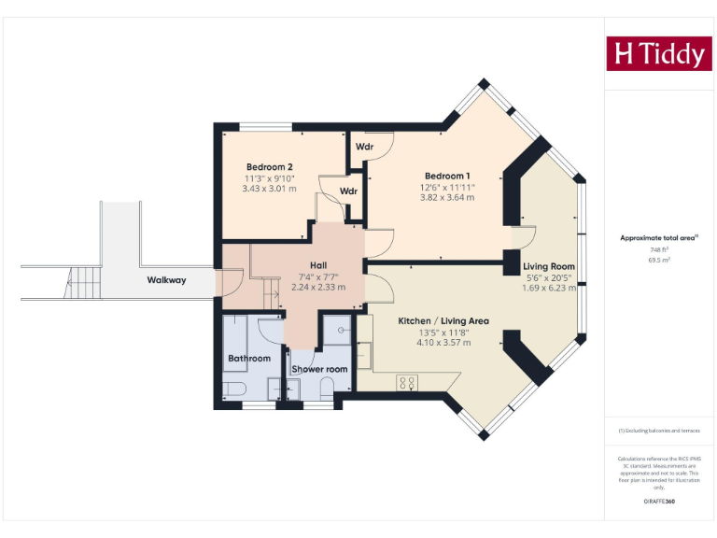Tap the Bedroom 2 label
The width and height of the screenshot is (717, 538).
pyautogui.click(x=269, y=167)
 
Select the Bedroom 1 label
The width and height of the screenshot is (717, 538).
pyautogui.click(x=447, y=176)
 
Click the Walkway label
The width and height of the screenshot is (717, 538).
pyautogui.click(x=166, y=279)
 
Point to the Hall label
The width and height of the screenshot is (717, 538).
pyautogui.click(x=318, y=265)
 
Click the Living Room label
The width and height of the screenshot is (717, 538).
pyautogui.click(x=549, y=266)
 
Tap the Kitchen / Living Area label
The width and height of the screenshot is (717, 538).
pyautogui.click(x=443, y=320)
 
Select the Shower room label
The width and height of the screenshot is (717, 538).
pyautogui.click(x=319, y=369)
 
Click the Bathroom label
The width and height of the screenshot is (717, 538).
pyautogui.click(x=249, y=358)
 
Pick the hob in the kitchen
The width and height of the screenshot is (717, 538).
pyautogui.click(x=408, y=381)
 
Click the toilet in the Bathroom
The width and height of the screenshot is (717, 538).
pyautogui.click(x=233, y=389)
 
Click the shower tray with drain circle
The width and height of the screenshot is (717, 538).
pyautogui.click(x=335, y=330)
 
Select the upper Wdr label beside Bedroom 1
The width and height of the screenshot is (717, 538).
pyautogui.click(x=364, y=148)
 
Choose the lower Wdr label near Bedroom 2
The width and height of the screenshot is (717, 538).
pyautogui.click(x=348, y=191)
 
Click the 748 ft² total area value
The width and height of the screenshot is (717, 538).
pyautogui.click(x=659, y=250)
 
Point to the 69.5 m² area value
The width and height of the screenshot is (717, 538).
pyautogui.click(x=659, y=261)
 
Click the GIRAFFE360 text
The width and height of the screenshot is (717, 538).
pyautogui.click(x=659, y=502)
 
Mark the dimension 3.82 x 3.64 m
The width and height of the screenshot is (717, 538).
pyautogui.click(x=447, y=197)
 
